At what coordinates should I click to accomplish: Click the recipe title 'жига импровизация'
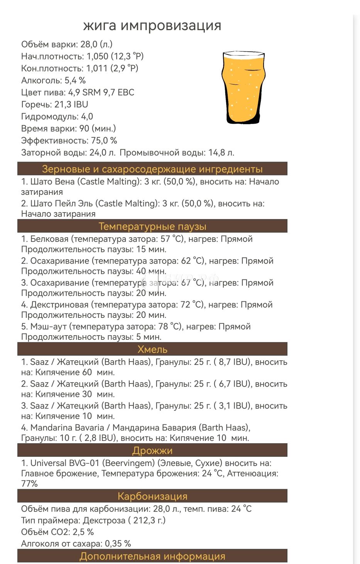click(x=152, y=25)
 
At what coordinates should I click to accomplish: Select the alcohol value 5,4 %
click(x=75, y=80)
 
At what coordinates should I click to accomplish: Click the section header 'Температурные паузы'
click(x=152, y=226)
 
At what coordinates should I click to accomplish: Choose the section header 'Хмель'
click(x=152, y=350)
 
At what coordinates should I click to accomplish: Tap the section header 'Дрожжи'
click(x=152, y=451)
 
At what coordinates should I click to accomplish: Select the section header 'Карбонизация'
click(x=152, y=496)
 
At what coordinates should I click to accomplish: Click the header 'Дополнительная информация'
click(x=152, y=557)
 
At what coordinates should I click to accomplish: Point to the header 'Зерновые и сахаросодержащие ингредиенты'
click(x=152, y=169)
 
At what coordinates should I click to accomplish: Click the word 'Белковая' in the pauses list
click(x=49, y=239)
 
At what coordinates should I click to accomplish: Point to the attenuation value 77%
click(x=29, y=483)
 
